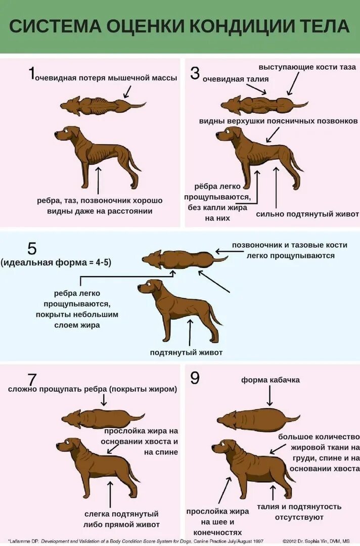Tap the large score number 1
click(x=31, y=74)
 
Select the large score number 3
click(x=195, y=73)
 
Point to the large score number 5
click(x=32, y=249)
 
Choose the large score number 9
click(x=195, y=378)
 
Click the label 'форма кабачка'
click(x=271, y=380)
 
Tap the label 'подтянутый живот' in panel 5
click(x=186, y=352)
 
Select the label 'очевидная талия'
click(x=236, y=79)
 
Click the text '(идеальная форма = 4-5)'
click(x=56, y=262)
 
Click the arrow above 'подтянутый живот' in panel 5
click(x=191, y=332)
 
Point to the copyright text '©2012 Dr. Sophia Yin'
click(x=316, y=540)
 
